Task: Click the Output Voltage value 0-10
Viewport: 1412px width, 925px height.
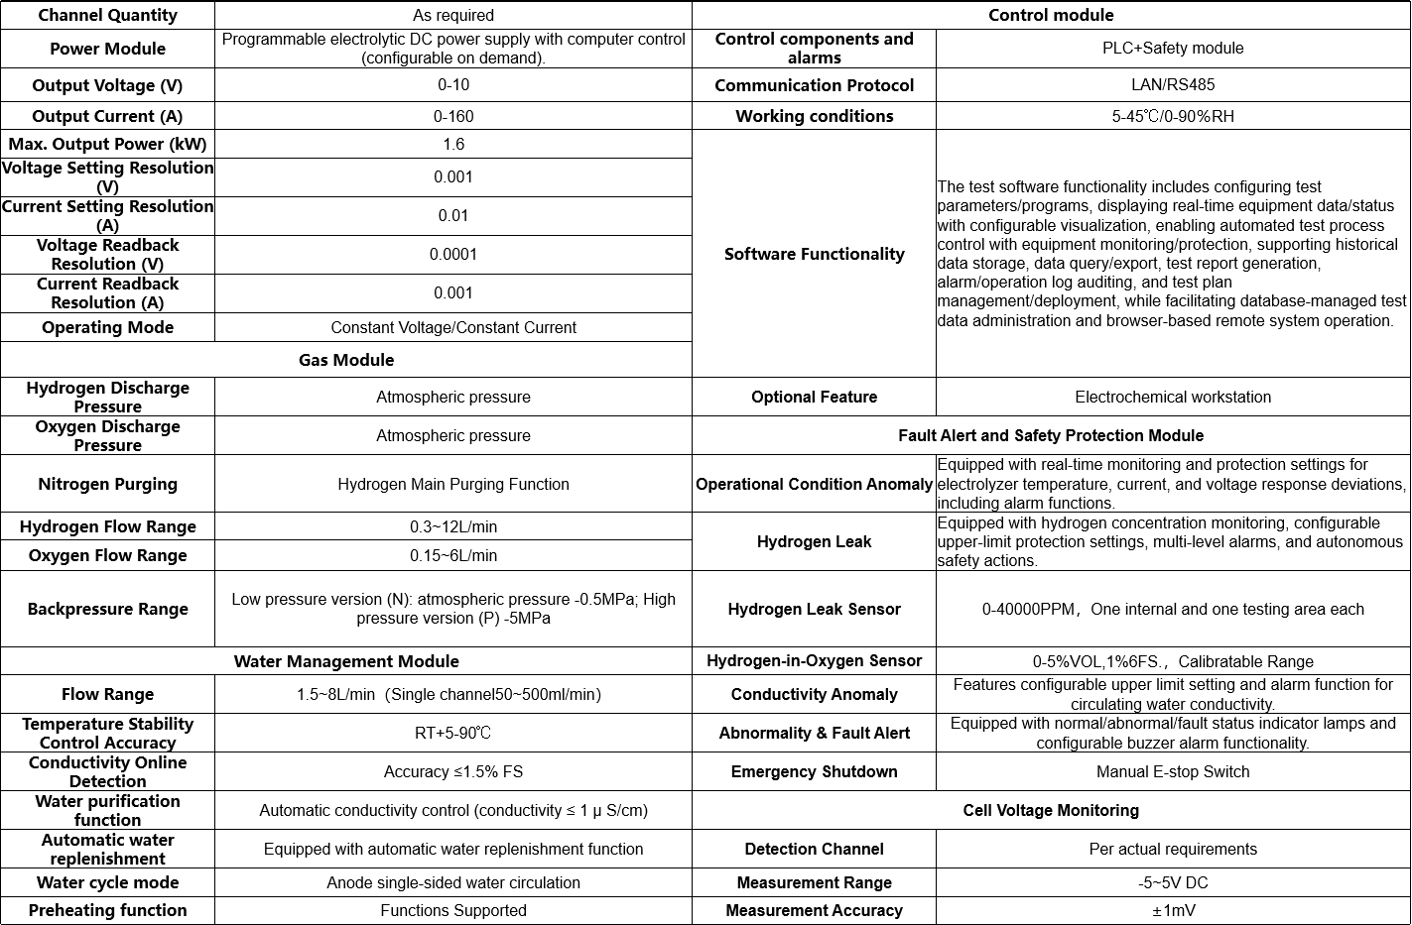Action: [453, 85]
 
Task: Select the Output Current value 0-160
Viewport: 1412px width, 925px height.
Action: [453, 116]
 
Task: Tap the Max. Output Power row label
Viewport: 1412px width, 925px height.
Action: [107, 144]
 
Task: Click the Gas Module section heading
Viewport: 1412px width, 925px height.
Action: [346, 360]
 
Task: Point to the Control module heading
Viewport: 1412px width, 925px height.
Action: [1051, 15]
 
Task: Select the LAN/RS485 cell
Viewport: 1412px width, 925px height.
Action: [1173, 85]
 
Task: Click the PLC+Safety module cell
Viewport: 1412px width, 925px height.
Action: [1173, 48]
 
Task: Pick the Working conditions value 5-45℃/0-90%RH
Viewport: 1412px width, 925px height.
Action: [1173, 116]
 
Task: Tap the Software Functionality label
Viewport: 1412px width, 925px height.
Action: [814, 254]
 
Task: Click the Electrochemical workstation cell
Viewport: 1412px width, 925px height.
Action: [1173, 397]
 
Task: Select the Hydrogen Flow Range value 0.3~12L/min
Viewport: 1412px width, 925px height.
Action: [453, 526]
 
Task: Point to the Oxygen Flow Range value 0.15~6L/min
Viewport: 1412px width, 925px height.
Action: [453, 555]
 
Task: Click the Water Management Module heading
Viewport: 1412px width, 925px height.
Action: [346, 661]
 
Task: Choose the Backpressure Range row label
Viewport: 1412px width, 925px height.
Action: [107, 609]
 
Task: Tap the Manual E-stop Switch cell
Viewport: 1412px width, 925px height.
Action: [1173, 771]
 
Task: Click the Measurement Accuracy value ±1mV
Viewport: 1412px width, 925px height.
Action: [1173, 910]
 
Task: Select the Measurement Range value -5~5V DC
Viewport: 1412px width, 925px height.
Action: [1173, 882]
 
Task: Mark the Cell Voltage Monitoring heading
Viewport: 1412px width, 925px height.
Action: [1051, 810]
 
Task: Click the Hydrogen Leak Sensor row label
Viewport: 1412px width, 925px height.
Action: [814, 609]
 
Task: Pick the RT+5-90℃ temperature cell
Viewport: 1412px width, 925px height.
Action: [453, 733]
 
